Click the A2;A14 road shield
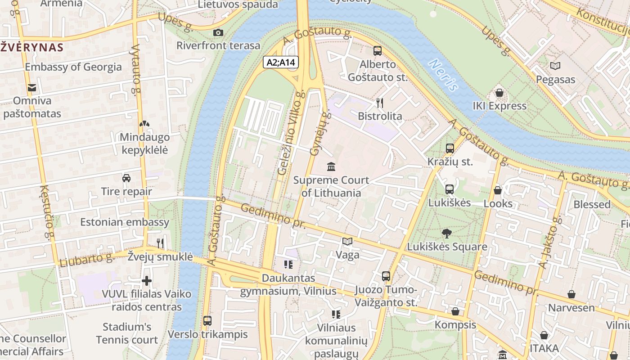(x=281, y=62)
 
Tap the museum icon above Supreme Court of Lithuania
(x=331, y=167)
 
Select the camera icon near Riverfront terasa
(x=218, y=32)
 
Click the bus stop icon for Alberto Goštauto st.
(x=377, y=51)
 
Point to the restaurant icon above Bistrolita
(x=380, y=103)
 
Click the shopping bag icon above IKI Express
(x=499, y=93)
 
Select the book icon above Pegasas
(x=555, y=66)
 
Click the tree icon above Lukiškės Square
(x=446, y=233)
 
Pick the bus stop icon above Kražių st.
(x=450, y=148)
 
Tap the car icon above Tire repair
(x=126, y=178)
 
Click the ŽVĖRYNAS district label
(x=31, y=47)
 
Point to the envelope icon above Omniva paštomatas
(x=32, y=87)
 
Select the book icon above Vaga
(x=347, y=242)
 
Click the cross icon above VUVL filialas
(x=146, y=281)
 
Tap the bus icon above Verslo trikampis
(x=207, y=321)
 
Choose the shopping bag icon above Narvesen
(x=571, y=295)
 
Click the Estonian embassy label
(x=125, y=222)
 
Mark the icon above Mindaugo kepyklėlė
(x=144, y=124)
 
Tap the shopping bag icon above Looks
(x=497, y=190)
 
